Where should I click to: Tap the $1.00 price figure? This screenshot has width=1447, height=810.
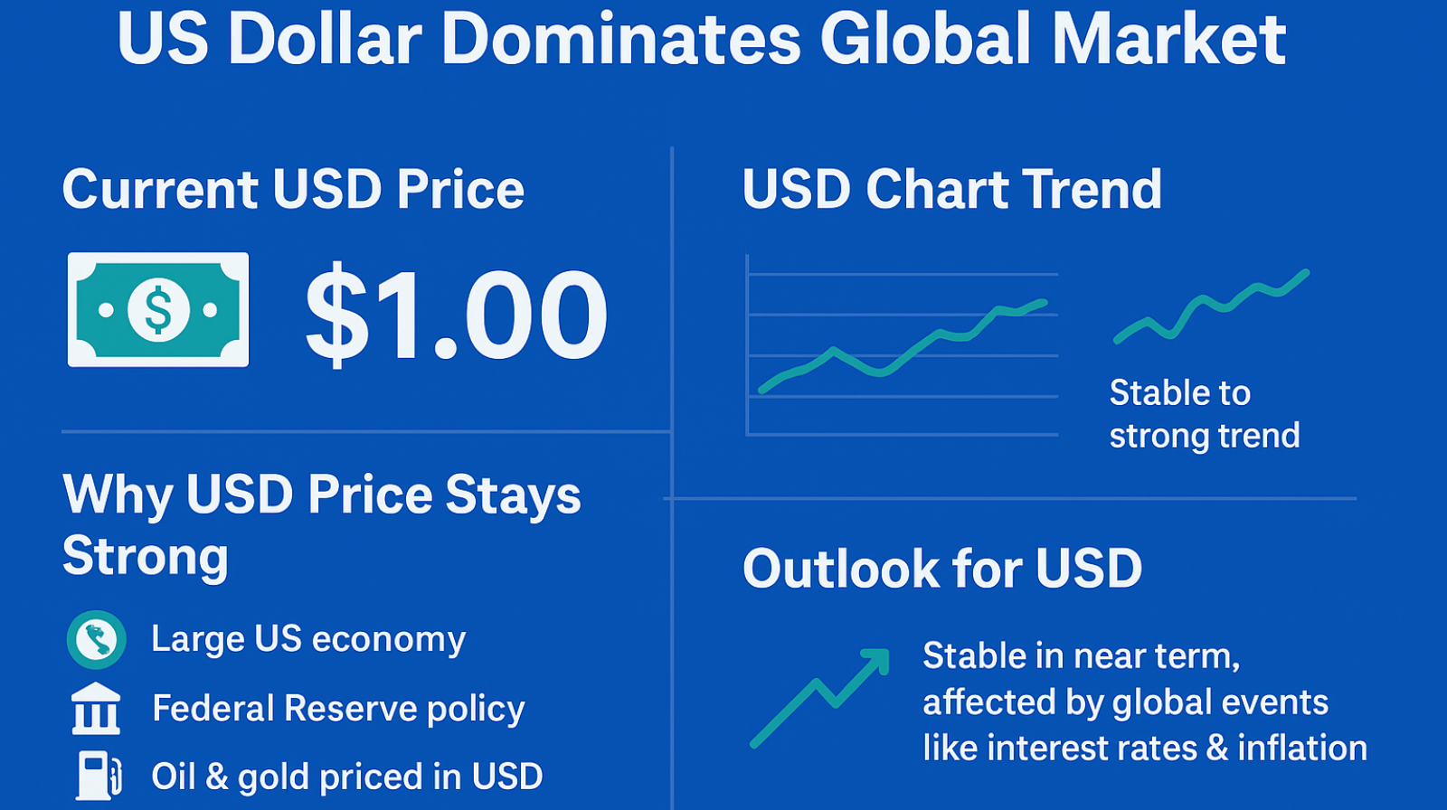[x=456, y=315]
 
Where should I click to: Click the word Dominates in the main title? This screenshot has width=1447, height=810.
[x=620, y=40]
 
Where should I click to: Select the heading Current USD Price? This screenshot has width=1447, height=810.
[x=293, y=189]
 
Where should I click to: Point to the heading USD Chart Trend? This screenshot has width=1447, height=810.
[x=951, y=189]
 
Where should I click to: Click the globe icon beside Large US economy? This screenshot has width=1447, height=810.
[x=96, y=639]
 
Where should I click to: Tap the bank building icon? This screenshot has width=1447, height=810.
[x=96, y=708]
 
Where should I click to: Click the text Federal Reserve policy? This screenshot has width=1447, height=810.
[x=338, y=709]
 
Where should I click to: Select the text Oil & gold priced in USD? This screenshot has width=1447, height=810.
[x=347, y=777]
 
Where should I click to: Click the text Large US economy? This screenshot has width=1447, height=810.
[x=308, y=639]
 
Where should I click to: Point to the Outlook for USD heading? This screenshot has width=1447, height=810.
[x=942, y=569]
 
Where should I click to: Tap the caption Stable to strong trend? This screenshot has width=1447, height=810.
[x=1204, y=414]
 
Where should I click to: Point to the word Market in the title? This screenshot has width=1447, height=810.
[x=1168, y=40]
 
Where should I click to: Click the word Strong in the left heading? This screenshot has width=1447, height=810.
[x=145, y=555]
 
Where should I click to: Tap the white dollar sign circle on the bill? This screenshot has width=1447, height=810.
[x=158, y=310]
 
